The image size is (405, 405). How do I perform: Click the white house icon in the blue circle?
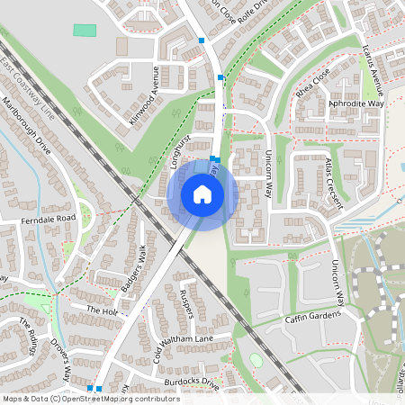(x=202, y=193)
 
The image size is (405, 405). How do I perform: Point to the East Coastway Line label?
(x=27, y=90)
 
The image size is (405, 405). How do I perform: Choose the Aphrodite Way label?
(x=355, y=104)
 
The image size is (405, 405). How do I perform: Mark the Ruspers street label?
(x=187, y=302)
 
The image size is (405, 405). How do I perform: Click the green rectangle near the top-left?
(x=85, y=31)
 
